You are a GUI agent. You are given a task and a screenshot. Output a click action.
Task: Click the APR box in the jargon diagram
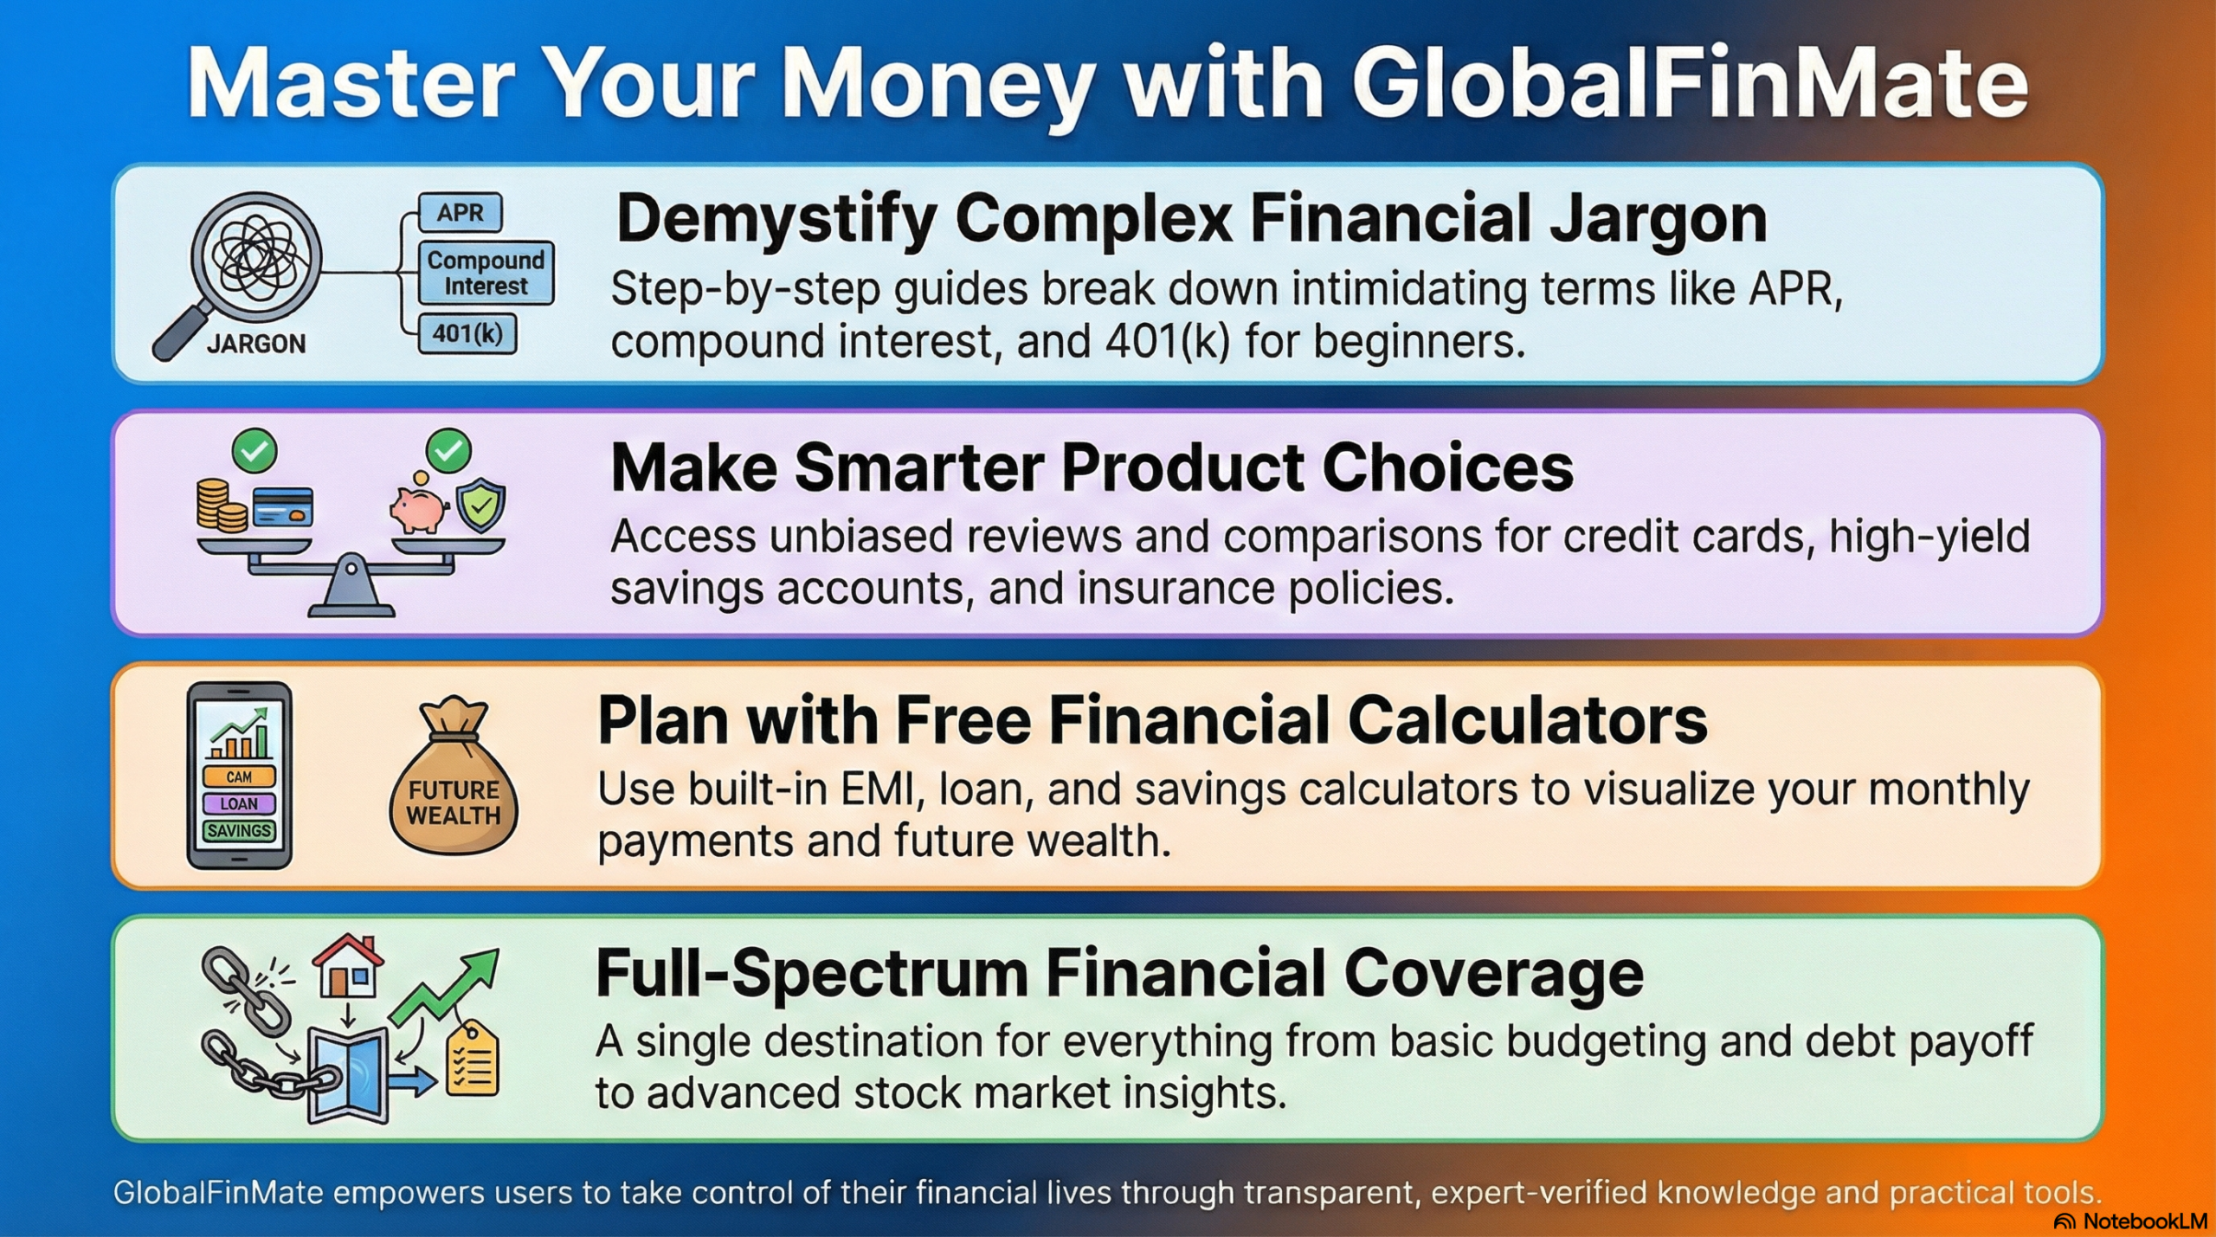(460, 212)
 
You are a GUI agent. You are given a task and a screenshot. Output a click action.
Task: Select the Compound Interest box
(486, 273)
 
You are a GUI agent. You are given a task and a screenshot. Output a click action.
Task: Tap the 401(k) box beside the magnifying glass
(467, 333)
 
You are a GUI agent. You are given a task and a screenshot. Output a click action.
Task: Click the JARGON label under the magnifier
(256, 345)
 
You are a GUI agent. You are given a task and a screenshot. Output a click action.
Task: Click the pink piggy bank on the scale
(417, 510)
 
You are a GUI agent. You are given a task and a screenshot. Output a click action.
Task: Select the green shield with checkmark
(481, 504)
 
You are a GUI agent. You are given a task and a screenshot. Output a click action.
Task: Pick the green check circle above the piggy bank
(448, 450)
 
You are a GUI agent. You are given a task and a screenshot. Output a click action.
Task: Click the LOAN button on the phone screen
(239, 803)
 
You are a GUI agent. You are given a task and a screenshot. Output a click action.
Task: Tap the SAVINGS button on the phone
(239, 831)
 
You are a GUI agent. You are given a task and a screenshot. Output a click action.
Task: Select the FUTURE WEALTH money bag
(454, 788)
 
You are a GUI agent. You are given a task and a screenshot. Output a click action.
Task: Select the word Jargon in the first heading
(1657, 221)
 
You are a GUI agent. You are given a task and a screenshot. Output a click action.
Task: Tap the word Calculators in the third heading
(1527, 721)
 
